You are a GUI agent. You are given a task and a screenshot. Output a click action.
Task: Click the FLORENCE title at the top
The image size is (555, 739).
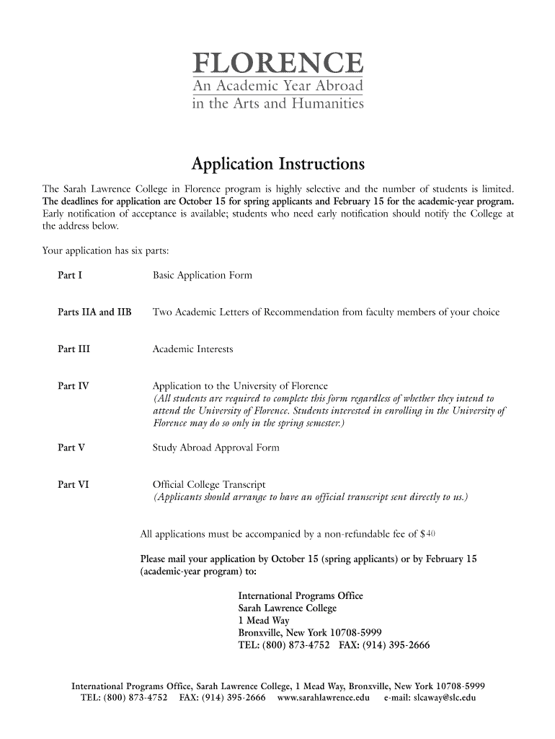(277, 64)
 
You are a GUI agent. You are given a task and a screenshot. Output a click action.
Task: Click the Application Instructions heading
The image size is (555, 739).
(277, 164)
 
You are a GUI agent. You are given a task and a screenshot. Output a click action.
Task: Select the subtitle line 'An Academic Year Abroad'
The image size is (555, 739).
(277, 87)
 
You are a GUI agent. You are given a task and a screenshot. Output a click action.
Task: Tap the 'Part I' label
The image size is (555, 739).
(70, 276)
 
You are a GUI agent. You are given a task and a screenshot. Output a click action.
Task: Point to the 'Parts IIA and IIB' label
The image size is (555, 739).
(94, 312)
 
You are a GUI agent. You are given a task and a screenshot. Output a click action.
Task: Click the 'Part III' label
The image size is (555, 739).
(74, 349)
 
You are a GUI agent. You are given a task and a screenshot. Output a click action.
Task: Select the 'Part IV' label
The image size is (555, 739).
(73, 386)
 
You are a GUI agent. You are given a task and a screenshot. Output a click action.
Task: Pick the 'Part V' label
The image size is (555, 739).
(71, 447)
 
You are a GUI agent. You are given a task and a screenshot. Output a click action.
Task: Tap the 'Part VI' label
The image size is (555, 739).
(73, 484)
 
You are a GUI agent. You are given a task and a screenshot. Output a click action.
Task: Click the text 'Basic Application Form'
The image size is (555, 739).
(202, 276)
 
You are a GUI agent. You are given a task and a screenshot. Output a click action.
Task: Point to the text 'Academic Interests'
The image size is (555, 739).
(192, 349)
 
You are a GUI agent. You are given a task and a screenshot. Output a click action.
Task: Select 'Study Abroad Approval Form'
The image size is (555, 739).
(216, 447)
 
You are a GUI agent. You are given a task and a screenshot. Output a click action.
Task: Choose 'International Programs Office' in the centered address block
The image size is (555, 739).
(301, 596)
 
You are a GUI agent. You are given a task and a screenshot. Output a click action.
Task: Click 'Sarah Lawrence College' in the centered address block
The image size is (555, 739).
(288, 608)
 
